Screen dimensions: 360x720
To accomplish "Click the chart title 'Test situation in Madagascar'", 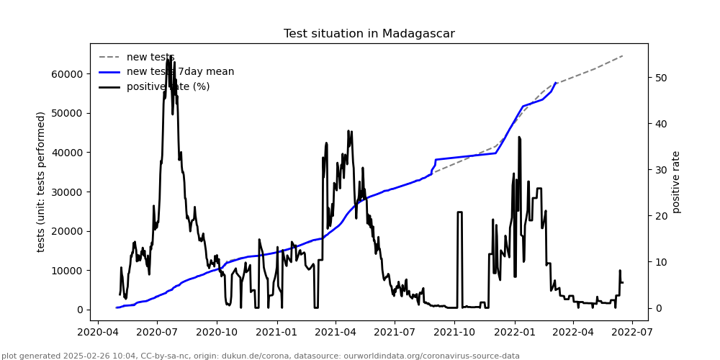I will (369, 34).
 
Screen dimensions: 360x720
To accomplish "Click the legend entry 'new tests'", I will (150, 58).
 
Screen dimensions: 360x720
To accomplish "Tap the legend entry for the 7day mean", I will (180, 72).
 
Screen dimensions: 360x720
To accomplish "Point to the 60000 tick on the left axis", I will (67, 74).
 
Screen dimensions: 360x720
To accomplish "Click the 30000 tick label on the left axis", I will (67, 192).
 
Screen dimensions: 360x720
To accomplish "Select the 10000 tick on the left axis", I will (67, 271).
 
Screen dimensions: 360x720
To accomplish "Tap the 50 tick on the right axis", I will (662, 78).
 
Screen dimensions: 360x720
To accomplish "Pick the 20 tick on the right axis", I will (662, 216).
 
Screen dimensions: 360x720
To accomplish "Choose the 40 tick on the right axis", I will (662, 124).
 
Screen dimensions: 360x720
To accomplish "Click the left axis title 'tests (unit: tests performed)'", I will (41, 181).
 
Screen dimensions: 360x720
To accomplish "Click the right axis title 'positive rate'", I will (676, 181).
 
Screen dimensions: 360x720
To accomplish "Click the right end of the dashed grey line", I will (623, 55).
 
